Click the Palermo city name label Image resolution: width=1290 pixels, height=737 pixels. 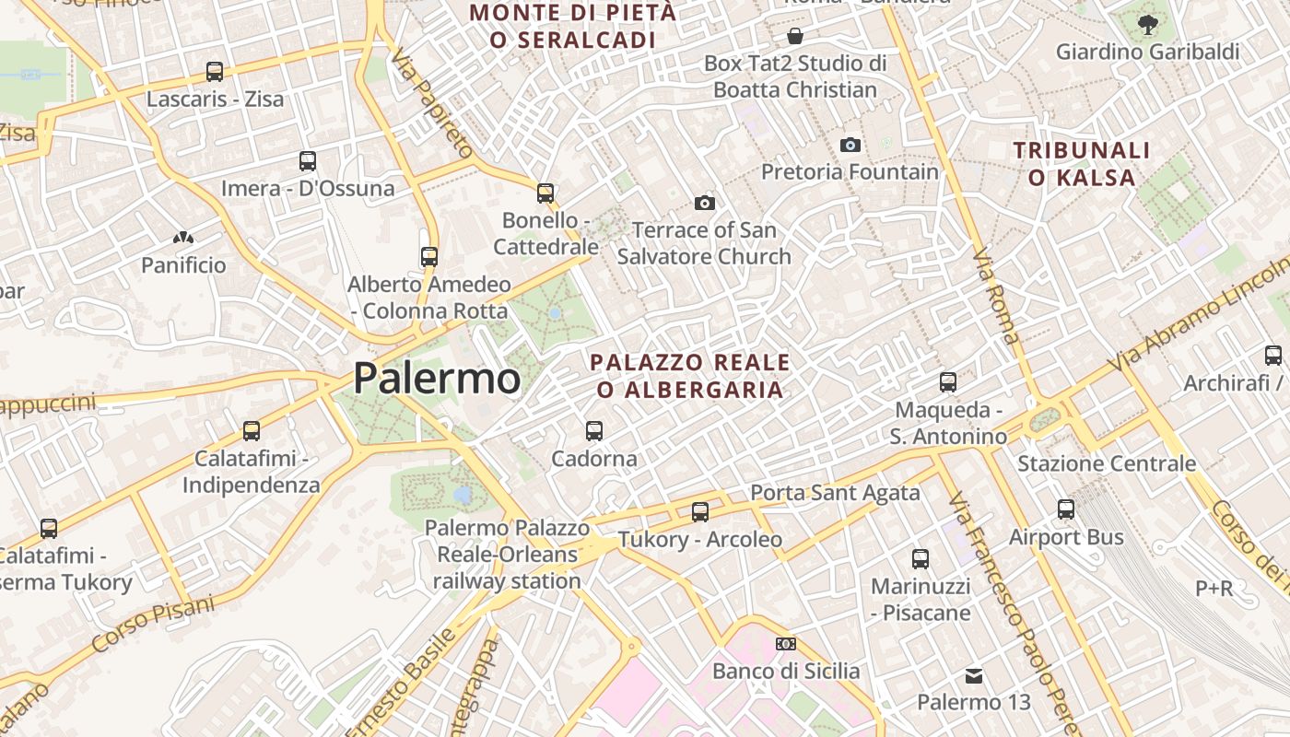(437, 379)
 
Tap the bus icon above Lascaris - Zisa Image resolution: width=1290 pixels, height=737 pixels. (215, 71)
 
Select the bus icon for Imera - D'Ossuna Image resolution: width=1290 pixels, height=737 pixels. (308, 161)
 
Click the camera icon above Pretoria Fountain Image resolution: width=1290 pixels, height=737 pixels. (850, 145)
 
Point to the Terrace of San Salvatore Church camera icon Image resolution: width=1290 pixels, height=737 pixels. (705, 203)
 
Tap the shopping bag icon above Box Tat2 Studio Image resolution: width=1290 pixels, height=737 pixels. (794, 37)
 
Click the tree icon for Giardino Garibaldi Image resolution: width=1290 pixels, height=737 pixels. (1147, 25)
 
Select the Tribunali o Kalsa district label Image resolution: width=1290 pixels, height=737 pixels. (1082, 164)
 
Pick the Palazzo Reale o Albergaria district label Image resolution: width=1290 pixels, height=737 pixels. (690, 376)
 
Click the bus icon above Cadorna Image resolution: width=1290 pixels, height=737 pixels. (594, 430)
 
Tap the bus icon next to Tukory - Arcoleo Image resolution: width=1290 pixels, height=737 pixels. (700, 511)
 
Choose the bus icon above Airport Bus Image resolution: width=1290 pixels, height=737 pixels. (1066, 509)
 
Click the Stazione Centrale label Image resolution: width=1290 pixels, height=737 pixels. (1106, 463)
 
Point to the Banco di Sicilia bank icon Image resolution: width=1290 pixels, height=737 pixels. (786, 644)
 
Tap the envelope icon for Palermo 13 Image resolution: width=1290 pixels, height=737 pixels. (974, 676)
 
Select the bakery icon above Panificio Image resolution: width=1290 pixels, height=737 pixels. (183, 238)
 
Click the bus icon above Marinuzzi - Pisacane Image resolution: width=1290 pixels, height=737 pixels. (920, 558)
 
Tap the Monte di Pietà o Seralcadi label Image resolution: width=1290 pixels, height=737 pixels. (573, 26)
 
